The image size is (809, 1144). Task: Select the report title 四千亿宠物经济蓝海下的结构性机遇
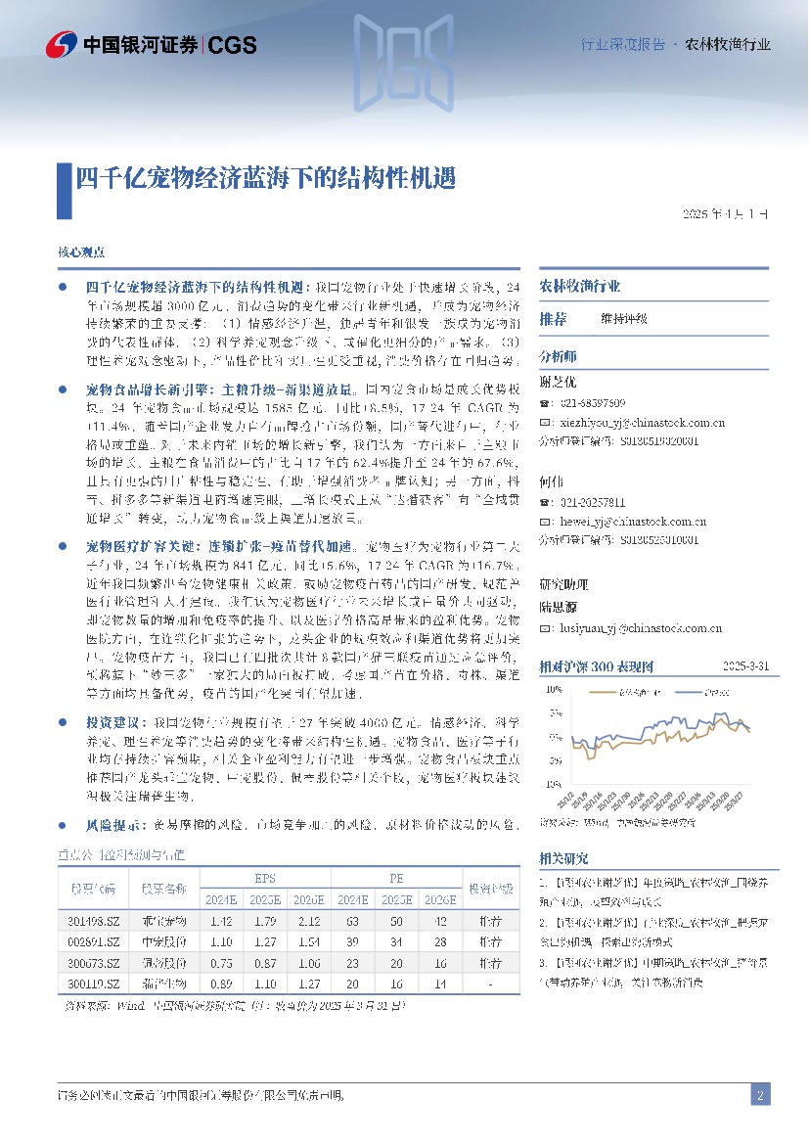point(265,178)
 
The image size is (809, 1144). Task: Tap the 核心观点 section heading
point(81,252)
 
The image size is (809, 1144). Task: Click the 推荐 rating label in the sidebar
point(553,318)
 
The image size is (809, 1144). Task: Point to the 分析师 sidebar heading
point(559,355)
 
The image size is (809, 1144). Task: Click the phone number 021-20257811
point(591,502)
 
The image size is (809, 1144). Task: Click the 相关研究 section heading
point(564,858)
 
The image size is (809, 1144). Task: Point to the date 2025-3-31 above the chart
point(745,666)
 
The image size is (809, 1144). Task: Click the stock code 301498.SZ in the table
point(95,921)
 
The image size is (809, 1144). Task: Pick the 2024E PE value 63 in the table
point(351,921)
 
